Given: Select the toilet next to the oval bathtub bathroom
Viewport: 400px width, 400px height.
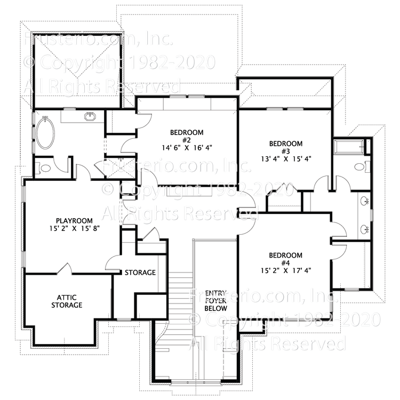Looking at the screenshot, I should click(45, 168).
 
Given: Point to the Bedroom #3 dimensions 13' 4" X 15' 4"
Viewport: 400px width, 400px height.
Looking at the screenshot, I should click(286, 158).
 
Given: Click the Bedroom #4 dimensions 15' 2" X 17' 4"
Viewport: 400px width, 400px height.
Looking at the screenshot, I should click(286, 270).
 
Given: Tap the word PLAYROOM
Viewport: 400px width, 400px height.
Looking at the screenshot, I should click(75, 220).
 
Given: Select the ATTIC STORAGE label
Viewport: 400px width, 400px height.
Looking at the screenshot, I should click(67, 301).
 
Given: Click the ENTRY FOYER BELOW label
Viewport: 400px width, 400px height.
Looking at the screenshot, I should click(216, 300).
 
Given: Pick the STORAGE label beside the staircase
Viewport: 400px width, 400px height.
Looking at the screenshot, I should click(140, 273).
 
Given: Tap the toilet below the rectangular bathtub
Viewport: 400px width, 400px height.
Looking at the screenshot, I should click(360, 167).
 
